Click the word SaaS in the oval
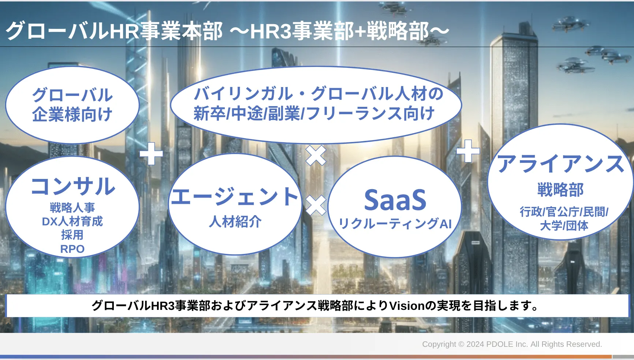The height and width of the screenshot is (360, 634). point(395,200)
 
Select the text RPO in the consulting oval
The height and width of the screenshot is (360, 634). point(72,249)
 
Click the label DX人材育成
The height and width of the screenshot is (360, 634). point(72,221)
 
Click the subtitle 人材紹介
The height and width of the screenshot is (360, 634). point(235,221)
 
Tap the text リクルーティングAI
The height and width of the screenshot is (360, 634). point(395,223)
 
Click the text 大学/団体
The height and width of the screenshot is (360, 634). point(564,225)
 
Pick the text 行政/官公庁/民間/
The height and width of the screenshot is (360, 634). point(564,211)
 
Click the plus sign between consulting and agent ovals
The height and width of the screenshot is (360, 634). point(151,153)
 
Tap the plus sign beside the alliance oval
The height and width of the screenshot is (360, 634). point(468,151)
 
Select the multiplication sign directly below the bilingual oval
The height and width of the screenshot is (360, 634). point(316,155)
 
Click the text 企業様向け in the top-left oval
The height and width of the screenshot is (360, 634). point(72,114)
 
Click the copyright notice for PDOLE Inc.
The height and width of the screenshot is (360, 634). point(512,344)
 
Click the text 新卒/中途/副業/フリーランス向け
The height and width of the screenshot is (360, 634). point(314,113)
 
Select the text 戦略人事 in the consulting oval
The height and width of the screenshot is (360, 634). point(72,207)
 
